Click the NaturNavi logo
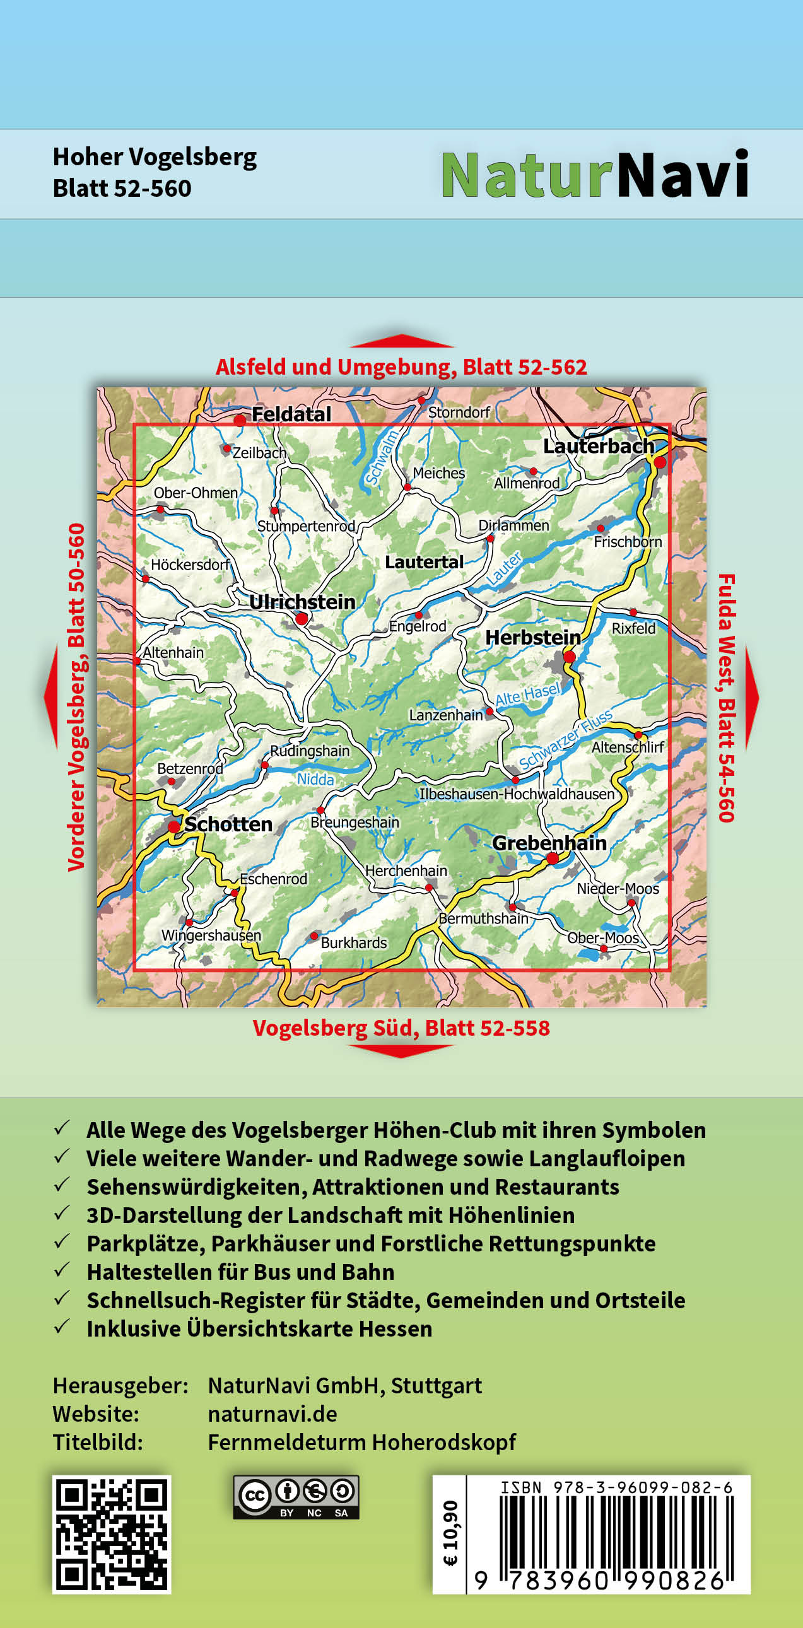[x=594, y=175]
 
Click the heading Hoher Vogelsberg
[x=155, y=157]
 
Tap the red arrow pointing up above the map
[x=402, y=341]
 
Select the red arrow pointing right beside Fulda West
[x=751, y=697]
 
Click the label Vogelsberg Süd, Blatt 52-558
[x=401, y=1028]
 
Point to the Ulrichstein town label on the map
[x=302, y=602]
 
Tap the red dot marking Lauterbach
[x=660, y=462]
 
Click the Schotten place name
[x=228, y=824]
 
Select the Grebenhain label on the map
[x=549, y=843]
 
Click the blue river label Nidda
[x=315, y=779]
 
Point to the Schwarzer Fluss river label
[x=565, y=739]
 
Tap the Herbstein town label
[x=532, y=637]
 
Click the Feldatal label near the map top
[x=291, y=414]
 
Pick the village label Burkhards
[x=354, y=943]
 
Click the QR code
[x=111, y=1534]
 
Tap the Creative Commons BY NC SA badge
[x=296, y=1497]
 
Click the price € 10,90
[x=450, y=1533]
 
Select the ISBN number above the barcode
[x=616, y=1488]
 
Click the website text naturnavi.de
[x=273, y=1414]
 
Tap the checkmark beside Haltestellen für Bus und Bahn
[x=62, y=1270]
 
